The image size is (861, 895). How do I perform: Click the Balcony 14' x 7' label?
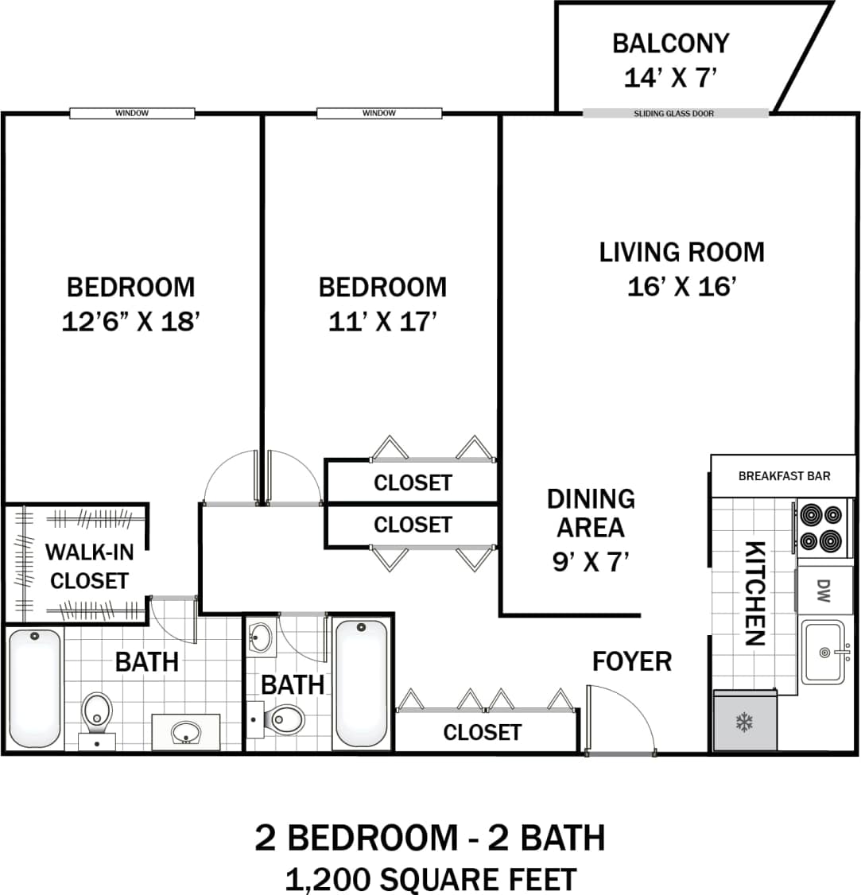tap(670, 60)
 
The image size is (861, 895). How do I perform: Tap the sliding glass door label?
tap(673, 114)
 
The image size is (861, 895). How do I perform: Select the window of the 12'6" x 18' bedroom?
tap(132, 114)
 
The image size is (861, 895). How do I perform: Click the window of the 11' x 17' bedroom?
tap(379, 114)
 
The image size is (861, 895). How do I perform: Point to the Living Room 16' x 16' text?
tap(681, 269)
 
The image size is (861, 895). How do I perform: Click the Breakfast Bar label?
tap(784, 476)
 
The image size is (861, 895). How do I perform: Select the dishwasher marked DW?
tap(823, 589)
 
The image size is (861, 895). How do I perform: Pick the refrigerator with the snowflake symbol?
tap(745, 722)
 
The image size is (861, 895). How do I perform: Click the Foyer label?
tap(631, 661)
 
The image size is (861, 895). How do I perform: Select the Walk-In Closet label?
tap(88, 566)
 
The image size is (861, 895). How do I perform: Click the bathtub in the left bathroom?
tap(34, 688)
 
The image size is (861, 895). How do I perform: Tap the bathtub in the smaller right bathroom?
tap(362, 683)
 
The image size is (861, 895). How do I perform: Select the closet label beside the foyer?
tap(482, 732)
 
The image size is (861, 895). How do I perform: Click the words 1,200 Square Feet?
tap(430, 879)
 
